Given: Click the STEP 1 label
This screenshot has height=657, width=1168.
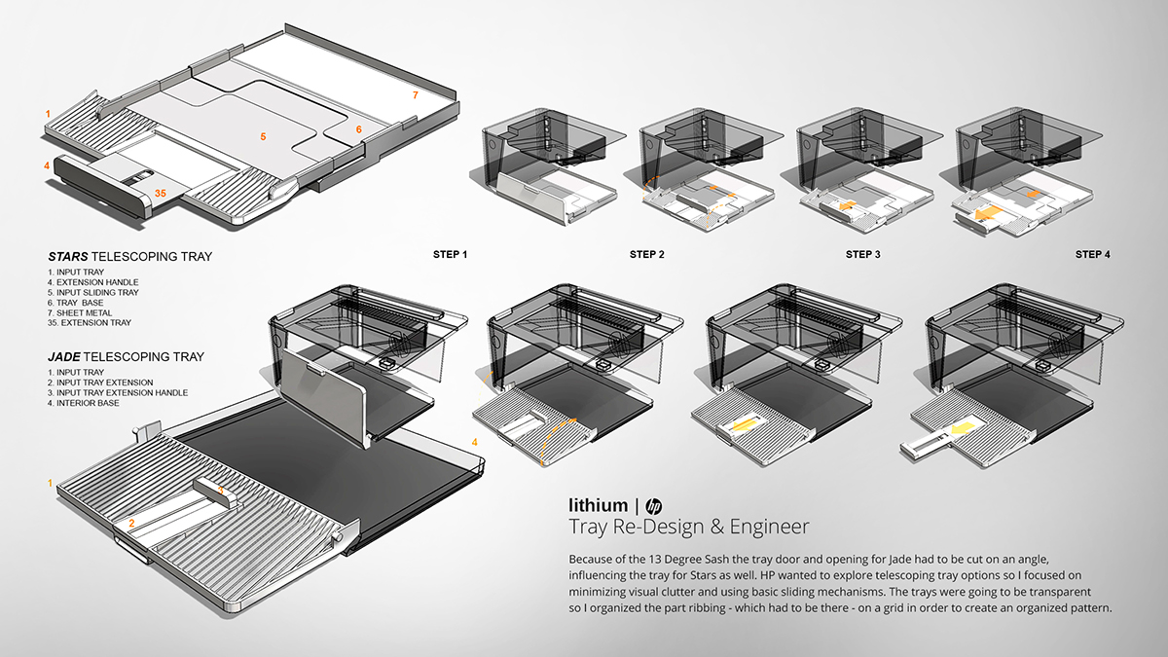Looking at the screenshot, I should click(x=451, y=255).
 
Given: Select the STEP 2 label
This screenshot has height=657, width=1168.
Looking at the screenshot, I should click(x=647, y=255).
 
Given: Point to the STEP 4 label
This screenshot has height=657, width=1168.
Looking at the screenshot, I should click(x=1092, y=255).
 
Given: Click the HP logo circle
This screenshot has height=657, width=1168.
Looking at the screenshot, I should click(x=653, y=505).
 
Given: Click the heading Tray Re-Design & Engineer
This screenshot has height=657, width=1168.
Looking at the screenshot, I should click(x=688, y=528).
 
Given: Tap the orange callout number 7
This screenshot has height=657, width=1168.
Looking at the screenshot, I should click(x=415, y=95).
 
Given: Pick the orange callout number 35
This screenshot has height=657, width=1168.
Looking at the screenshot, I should click(x=160, y=194).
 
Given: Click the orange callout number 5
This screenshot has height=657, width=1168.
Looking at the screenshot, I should click(x=263, y=137).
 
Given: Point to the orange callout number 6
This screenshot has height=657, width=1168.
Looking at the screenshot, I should click(x=358, y=129).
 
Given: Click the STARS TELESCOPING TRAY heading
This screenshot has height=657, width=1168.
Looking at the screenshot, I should click(x=129, y=257).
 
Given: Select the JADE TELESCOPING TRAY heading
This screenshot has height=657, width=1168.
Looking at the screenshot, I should click(x=126, y=357).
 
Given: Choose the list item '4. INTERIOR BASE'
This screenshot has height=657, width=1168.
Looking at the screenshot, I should click(x=88, y=403).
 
